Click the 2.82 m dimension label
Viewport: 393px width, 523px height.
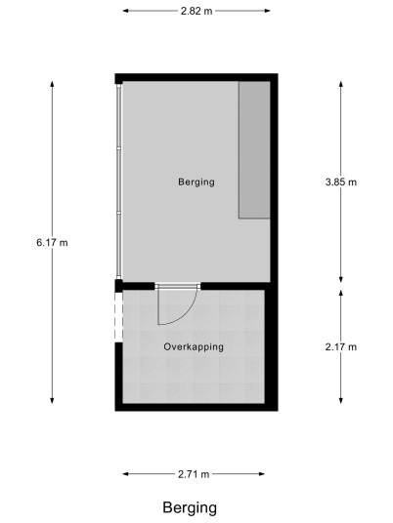click(x=196, y=11)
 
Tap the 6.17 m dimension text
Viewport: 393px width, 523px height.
click(x=52, y=243)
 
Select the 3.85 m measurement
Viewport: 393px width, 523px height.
click(x=341, y=182)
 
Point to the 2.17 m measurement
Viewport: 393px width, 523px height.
click(x=341, y=347)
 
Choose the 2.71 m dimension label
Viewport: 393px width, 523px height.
click(x=194, y=474)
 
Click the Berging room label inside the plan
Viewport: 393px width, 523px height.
click(x=196, y=182)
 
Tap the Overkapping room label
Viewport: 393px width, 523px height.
click(x=194, y=347)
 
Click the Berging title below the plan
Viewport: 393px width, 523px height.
click(x=190, y=508)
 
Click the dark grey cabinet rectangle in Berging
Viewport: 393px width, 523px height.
click(x=254, y=150)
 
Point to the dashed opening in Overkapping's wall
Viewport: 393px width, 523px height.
click(x=119, y=317)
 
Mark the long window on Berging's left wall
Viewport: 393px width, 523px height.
click(x=119, y=181)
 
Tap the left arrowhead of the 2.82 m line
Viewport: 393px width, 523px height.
click(x=125, y=11)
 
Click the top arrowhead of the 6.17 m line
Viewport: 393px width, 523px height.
click(x=52, y=83)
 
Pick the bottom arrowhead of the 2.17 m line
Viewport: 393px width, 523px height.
click(x=341, y=401)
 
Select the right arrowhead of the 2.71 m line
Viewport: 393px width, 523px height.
click(x=262, y=473)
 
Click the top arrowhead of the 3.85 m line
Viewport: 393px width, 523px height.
click(x=341, y=83)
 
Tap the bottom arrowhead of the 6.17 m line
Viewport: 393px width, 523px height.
click(x=52, y=401)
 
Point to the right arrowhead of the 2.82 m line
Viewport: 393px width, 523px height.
click(x=268, y=11)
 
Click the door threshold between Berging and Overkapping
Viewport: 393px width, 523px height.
click(x=178, y=286)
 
